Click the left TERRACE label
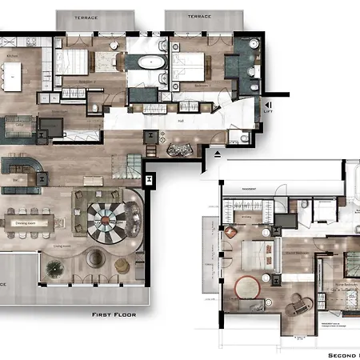[86, 16]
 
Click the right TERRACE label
[199, 16]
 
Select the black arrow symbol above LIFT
[267, 105]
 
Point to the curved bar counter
[23, 169]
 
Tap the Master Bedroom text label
[274, 257]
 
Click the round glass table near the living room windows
[95, 258]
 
